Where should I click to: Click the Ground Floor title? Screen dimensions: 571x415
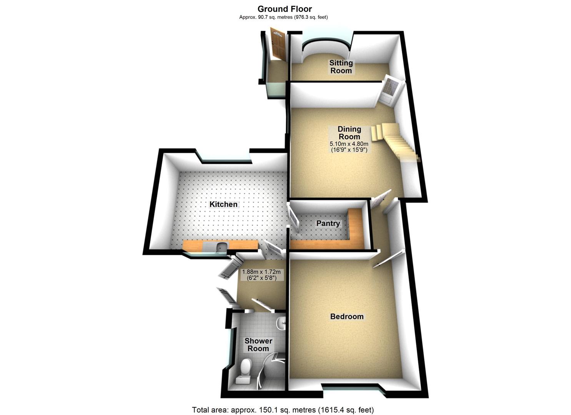(285, 9)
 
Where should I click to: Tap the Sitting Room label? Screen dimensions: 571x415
(341, 66)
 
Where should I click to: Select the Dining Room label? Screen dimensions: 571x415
(349, 133)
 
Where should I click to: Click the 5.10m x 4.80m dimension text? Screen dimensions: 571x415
(349, 144)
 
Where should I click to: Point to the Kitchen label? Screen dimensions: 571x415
(223, 204)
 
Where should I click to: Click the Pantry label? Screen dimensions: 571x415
(328, 223)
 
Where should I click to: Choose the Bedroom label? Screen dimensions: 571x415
(347, 316)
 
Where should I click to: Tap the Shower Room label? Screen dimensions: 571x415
(258, 345)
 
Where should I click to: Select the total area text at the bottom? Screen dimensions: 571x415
(283, 410)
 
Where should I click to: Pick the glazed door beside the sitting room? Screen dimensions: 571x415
(390, 90)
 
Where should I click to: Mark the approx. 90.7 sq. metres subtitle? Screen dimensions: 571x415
(283, 17)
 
